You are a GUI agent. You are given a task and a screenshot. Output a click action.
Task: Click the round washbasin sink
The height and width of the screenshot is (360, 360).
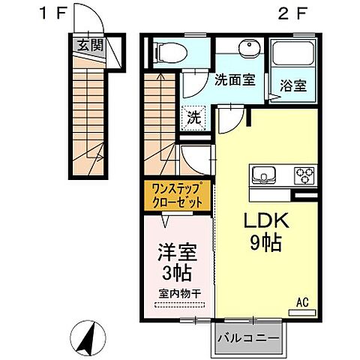coord(247,50)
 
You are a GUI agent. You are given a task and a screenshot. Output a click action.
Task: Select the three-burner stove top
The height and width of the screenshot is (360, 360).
coord(304,176)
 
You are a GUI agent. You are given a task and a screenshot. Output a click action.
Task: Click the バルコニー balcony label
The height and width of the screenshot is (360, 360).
coord(250,338)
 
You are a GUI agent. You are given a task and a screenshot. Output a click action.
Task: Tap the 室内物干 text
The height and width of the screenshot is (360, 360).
coord(178,292)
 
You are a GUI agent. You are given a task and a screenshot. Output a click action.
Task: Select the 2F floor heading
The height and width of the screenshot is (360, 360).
coord(294,13)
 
